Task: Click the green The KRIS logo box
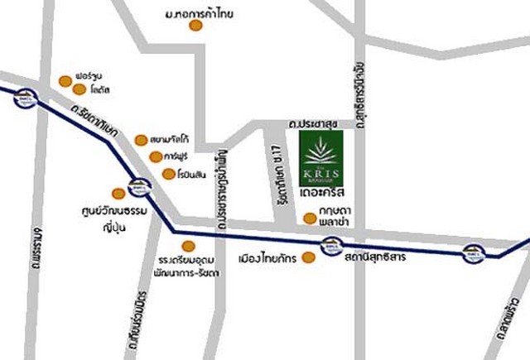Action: [319, 160]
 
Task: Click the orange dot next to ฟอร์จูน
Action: [65, 80]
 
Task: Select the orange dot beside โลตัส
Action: [79, 89]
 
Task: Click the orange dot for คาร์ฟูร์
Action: [155, 157]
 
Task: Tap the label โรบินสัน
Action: [186, 174]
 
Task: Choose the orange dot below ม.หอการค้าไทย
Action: [195, 26]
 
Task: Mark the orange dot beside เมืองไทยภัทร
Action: [308, 258]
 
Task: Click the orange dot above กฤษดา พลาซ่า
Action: [309, 219]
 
